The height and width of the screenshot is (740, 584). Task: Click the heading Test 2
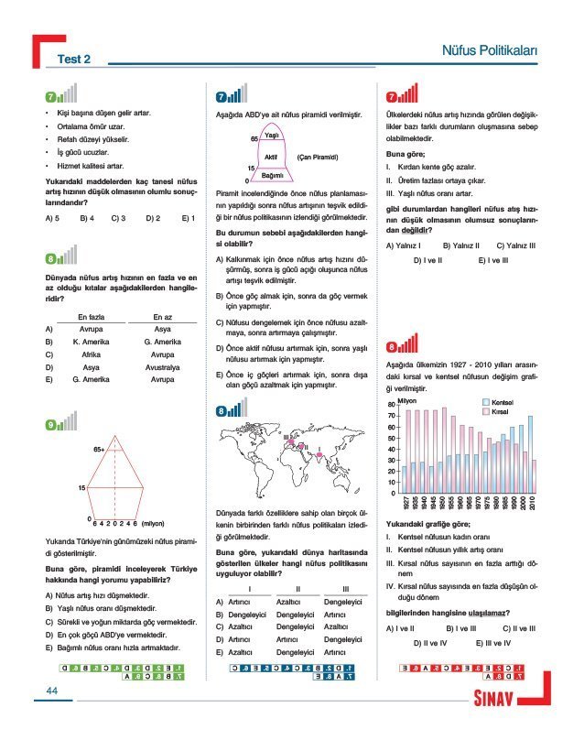[75, 60]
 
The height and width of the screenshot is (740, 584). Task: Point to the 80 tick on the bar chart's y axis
[391, 405]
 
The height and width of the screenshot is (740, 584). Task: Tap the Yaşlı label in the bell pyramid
[271, 136]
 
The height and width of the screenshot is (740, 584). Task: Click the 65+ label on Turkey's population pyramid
[99, 449]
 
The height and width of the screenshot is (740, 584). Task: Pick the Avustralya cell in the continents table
[162, 365]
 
